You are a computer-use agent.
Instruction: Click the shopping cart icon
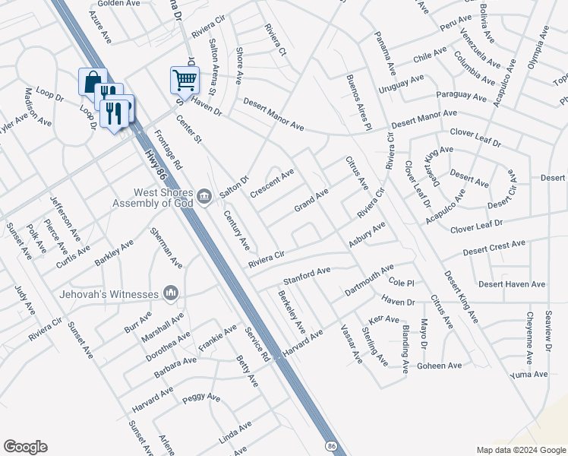pos(185,78)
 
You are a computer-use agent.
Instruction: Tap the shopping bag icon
pos(91,81)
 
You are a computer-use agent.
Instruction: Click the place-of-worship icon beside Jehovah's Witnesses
pos(170,293)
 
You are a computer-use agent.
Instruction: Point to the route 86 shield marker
pos(331,442)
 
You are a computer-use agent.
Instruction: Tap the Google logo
pos(25,447)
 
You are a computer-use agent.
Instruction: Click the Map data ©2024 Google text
pos(520,450)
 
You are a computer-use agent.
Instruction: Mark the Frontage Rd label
pos(168,148)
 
